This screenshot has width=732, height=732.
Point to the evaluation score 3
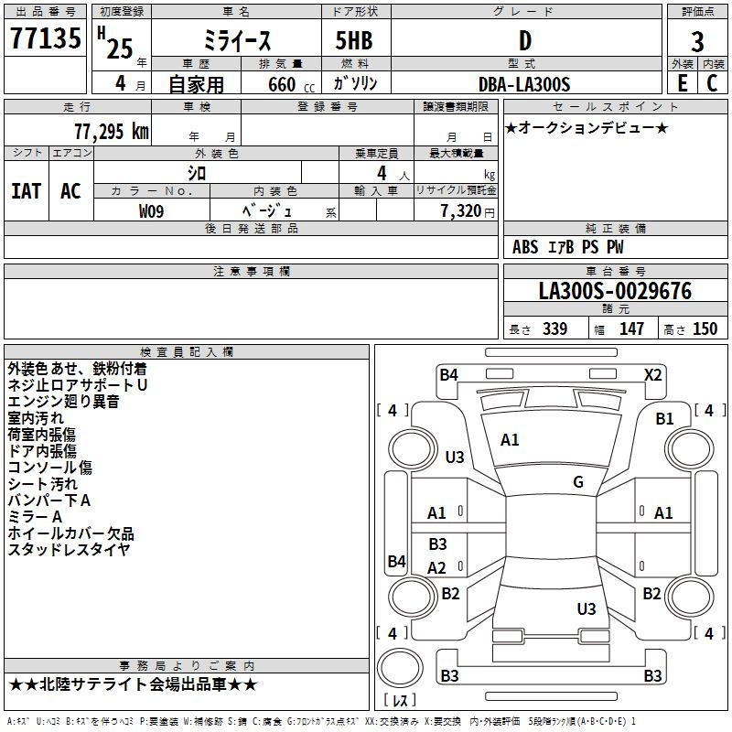tap(697, 41)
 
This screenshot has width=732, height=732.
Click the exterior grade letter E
tap(682, 82)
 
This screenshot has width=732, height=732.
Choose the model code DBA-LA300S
tap(524, 84)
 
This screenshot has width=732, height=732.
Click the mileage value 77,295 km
tap(110, 131)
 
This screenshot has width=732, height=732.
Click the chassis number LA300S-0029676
tap(615, 291)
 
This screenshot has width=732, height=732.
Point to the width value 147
tap(631, 329)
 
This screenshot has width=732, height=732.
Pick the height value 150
tap(705, 329)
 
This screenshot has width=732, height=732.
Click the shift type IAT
tap(26, 190)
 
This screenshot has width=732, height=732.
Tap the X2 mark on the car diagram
tap(653, 374)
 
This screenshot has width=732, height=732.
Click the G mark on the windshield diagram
tap(578, 482)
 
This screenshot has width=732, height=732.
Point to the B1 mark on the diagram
tap(664, 419)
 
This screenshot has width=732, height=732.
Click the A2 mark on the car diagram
tap(437, 568)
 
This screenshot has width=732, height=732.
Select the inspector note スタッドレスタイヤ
tap(69, 549)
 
